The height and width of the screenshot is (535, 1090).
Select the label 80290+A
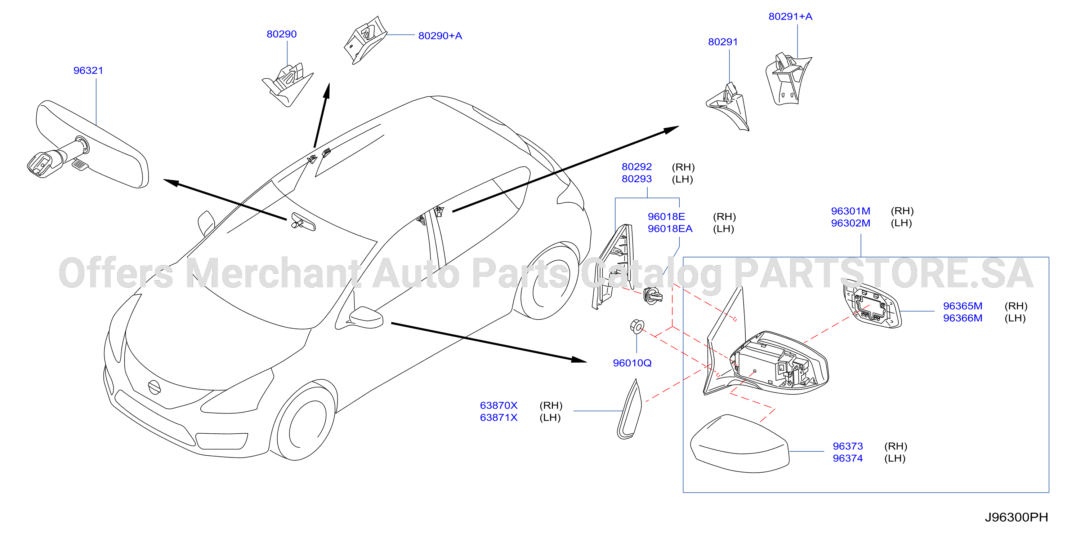point(440,36)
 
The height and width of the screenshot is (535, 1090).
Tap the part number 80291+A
point(790,17)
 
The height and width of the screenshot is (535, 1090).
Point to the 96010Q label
point(632,363)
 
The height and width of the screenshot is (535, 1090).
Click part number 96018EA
point(670,229)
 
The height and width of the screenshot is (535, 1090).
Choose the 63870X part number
point(499,405)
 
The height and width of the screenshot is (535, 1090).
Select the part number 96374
point(848,458)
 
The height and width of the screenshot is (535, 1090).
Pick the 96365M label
point(962,306)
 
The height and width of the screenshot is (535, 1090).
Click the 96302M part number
point(850,223)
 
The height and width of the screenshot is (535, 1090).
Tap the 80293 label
point(636,179)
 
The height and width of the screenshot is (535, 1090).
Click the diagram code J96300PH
point(1017,517)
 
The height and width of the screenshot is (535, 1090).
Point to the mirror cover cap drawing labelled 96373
point(740,444)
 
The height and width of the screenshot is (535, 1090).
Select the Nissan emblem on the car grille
point(154,387)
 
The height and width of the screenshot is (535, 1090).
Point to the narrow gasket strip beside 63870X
point(630,410)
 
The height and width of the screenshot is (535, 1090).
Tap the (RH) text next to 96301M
point(902,211)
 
